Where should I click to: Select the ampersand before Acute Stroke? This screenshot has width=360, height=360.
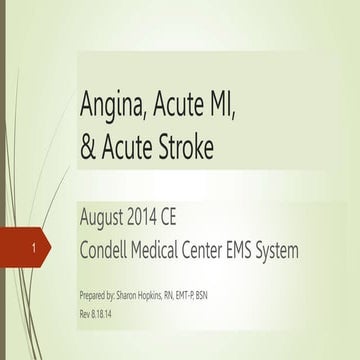[x=88, y=146]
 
